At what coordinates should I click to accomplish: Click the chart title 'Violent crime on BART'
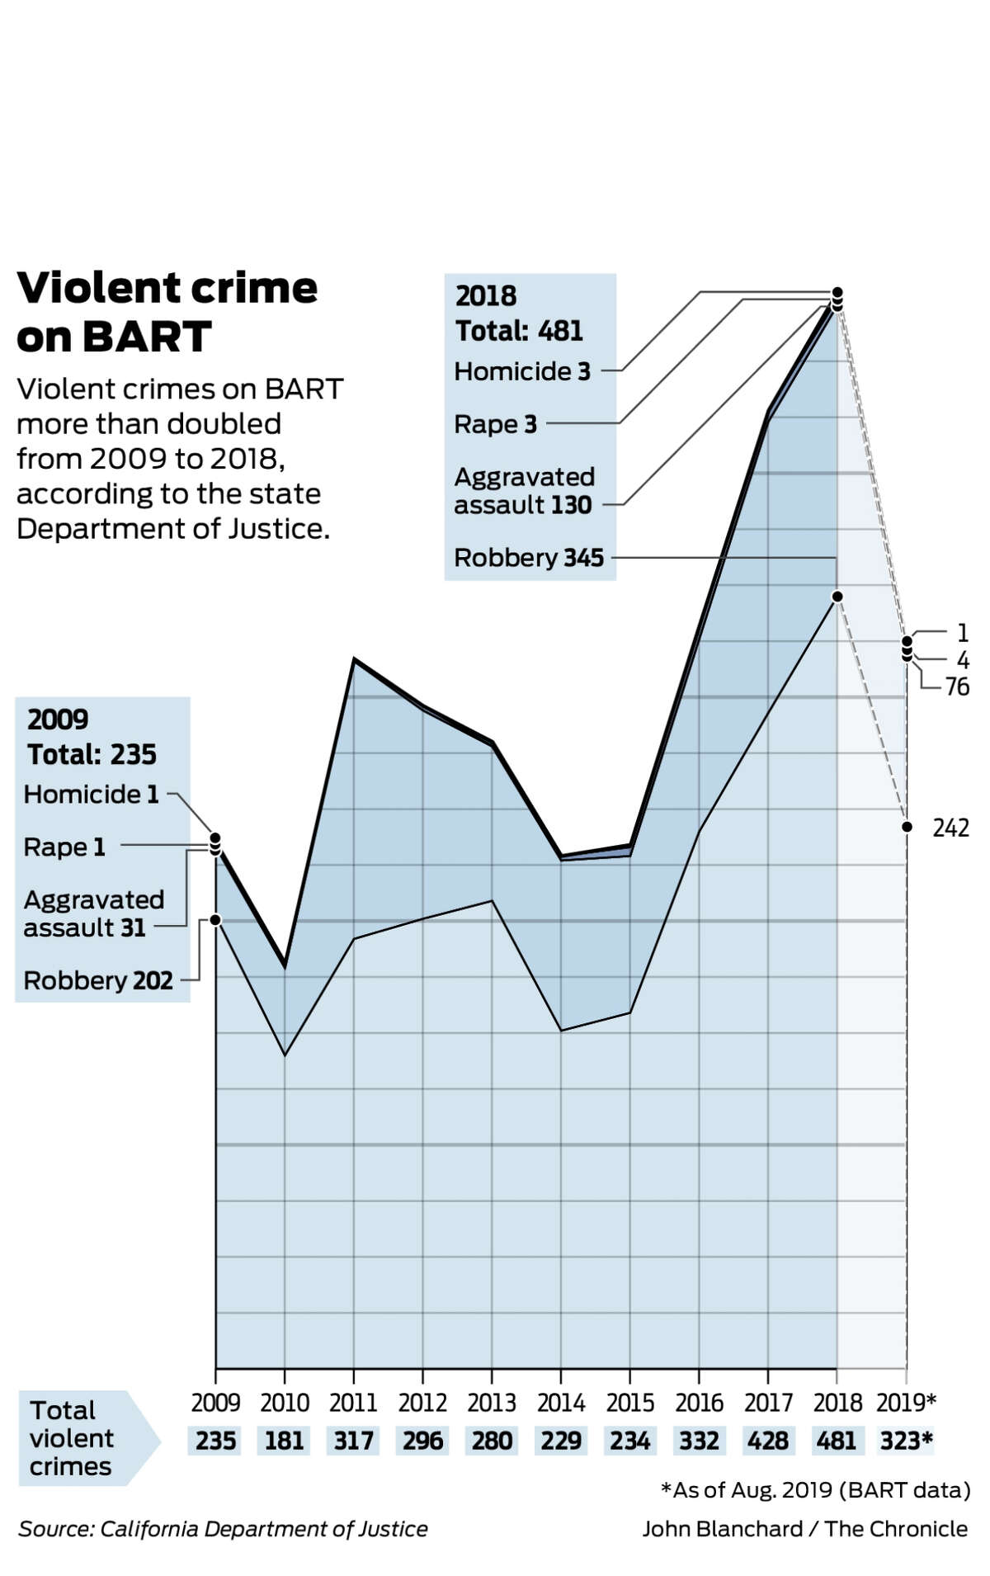pyautogui.click(x=167, y=312)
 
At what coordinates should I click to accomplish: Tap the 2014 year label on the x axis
pyautogui.click(x=561, y=1402)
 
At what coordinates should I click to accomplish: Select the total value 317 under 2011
pyautogui.click(x=353, y=1441)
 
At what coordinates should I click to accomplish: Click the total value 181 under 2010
pyautogui.click(x=285, y=1441)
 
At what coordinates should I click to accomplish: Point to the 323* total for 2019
pyautogui.click(x=906, y=1441)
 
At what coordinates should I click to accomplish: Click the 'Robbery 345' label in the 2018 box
pyautogui.click(x=529, y=558)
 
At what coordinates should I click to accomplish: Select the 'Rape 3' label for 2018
pyautogui.click(x=495, y=424)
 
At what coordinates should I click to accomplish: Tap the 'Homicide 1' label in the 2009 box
pyautogui.click(x=91, y=794)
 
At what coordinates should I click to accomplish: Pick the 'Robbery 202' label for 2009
pyautogui.click(x=98, y=980)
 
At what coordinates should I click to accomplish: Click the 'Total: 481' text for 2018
pyautogui.click(x=519, y=331)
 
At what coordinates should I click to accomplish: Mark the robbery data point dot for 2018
pyautogui.click(x=837, y=596)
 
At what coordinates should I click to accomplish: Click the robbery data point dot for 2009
pyautogui.click(x=216, y=919)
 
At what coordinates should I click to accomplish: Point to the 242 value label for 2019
pyautogui.click(x=950, y=828)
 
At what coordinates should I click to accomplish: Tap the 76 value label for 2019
pyautogui.click(x=957, y=687)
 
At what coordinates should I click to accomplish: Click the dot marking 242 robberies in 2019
pyautogui.click(x=907, y=827)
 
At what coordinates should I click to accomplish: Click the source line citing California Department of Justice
pyautogui.click(x=223, y=1529)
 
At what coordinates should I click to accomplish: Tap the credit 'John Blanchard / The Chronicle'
pyautogui.click(x=804, y=1529)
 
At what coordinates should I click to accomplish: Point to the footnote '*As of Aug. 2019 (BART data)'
pyautogui.click(x=815, y=1489)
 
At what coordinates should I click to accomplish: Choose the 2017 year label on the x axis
pyautogui.click(x=768, y=1402)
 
